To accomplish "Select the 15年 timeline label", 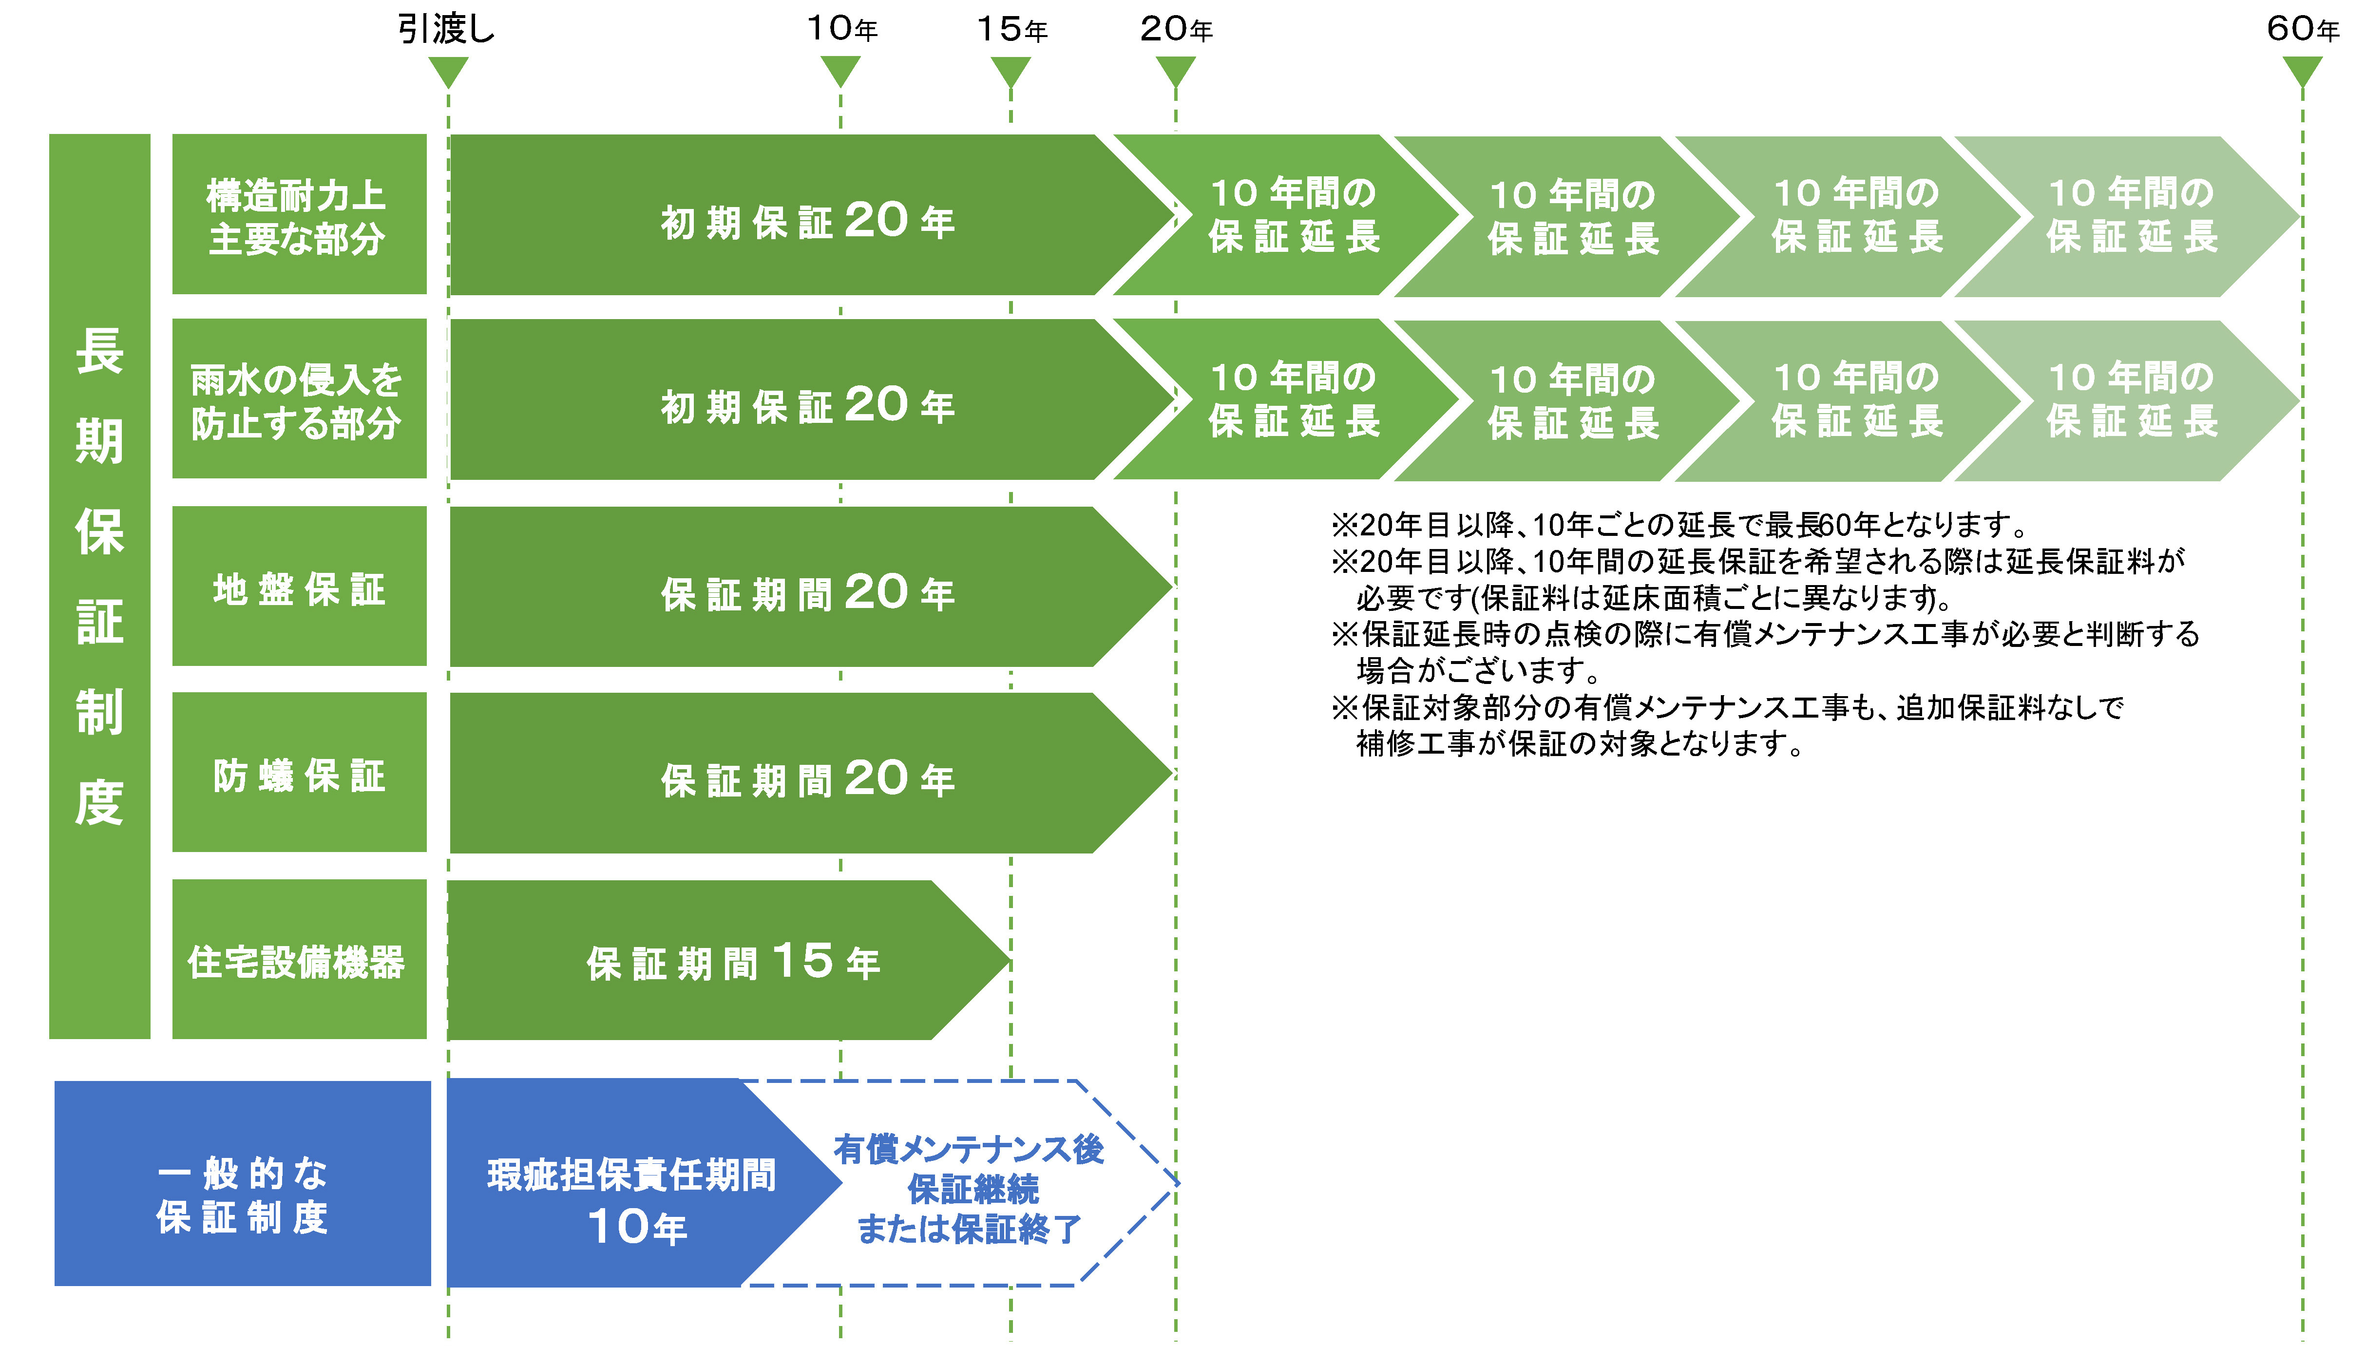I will point(1011,30).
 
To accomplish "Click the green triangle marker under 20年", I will point(1175,70).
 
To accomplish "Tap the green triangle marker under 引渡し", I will point(448,70).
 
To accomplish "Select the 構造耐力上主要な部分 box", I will point(299,214).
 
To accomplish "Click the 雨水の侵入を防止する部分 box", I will point(299,399).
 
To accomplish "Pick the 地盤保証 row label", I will point(299,587).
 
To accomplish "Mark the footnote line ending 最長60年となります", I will point(1678,525).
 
